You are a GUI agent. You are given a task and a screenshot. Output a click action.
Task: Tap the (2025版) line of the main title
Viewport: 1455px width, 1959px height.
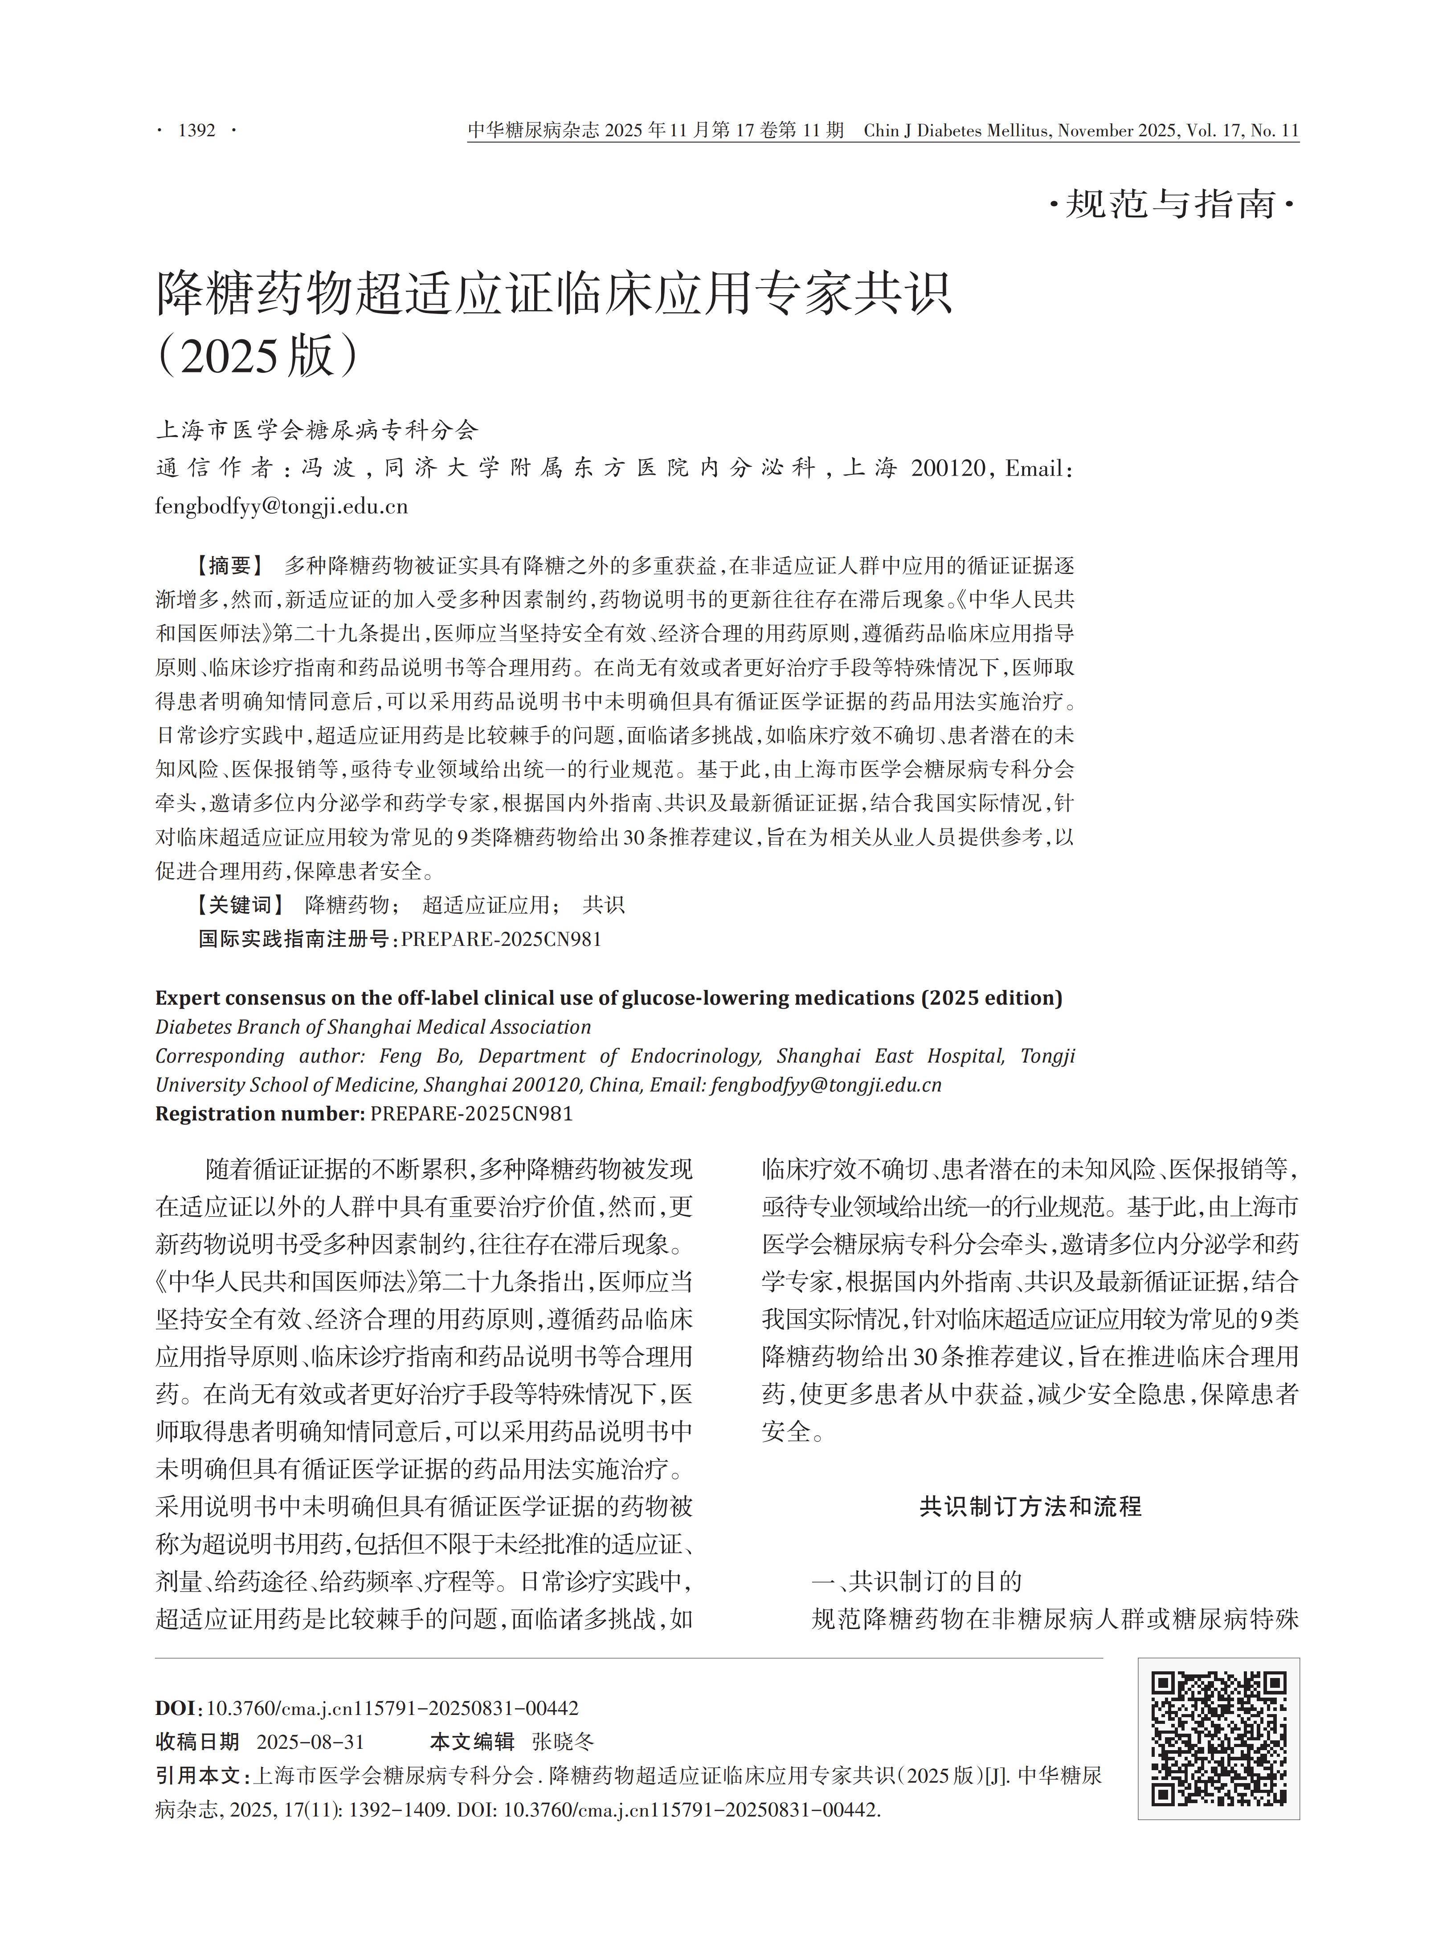coord(258,357)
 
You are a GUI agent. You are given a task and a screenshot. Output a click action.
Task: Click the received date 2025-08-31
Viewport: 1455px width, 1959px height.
coord(310,1742)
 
